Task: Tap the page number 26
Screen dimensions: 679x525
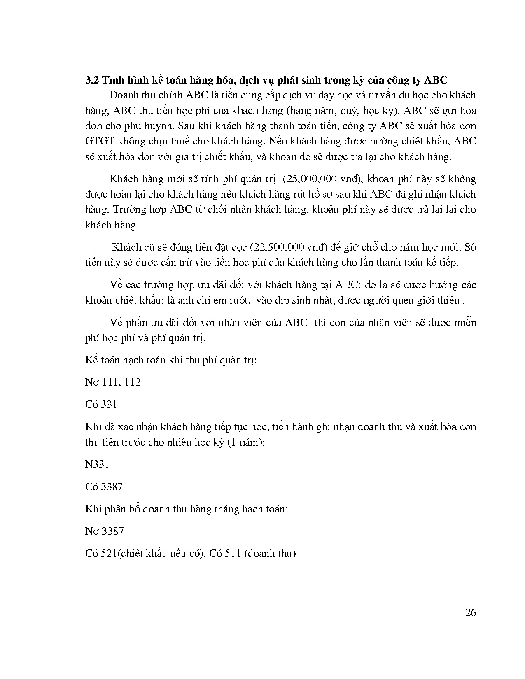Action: coord(471,613)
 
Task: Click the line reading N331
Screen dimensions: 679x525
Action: coord(97,465)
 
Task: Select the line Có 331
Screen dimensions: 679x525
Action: coord(101,405)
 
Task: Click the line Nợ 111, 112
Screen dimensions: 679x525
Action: coord(113,382)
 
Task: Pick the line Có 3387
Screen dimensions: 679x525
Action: coord(104,487)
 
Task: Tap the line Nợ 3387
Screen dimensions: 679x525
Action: coord(105,531)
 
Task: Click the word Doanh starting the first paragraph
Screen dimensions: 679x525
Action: coord(124,95)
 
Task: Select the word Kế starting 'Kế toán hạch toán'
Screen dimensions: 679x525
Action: coord(90,360)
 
